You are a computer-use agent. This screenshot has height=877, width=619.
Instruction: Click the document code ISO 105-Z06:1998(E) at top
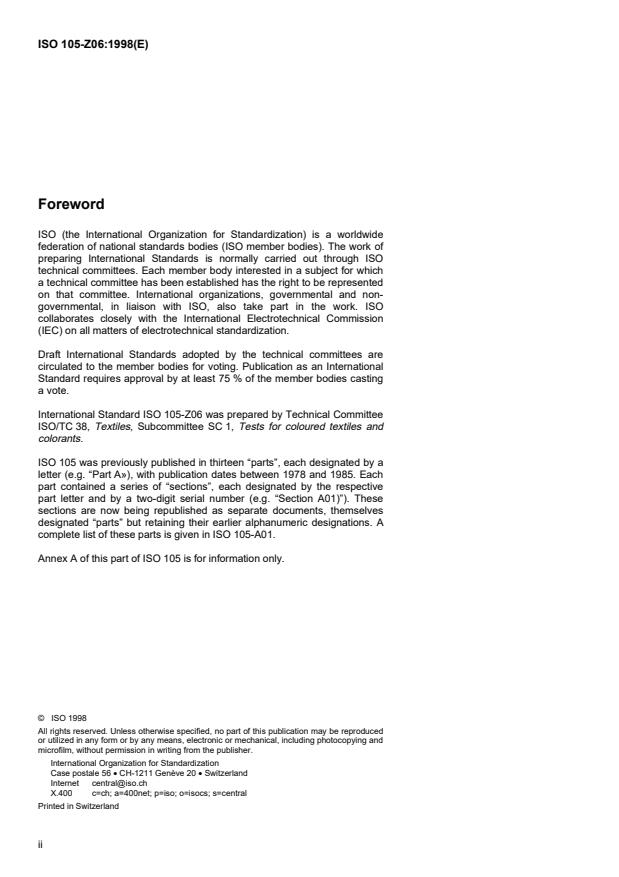point(91,44)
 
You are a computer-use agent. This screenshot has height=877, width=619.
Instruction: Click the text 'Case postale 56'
point(80,773)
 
